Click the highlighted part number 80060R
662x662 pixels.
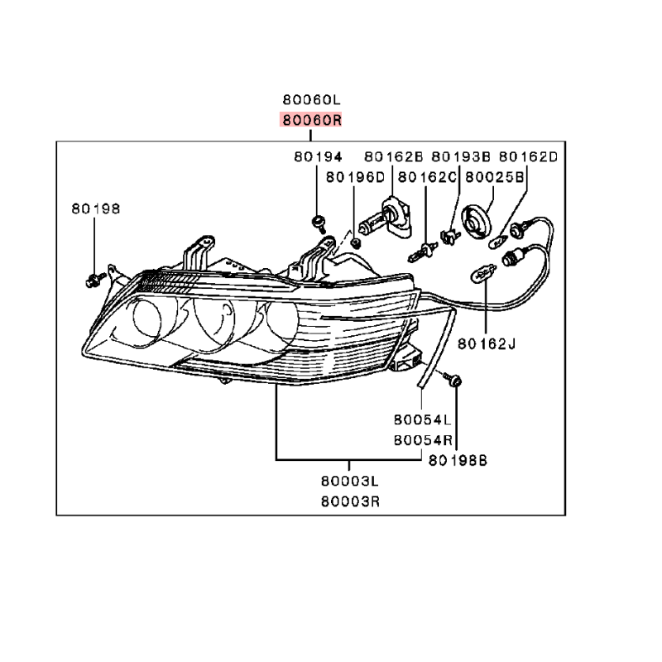(311, 120)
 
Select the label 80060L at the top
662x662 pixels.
(311, 99)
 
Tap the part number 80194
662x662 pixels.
(318, 157)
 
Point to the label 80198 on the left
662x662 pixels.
(95, 209)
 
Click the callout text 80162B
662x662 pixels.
(394, 157)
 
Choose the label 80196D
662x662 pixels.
(355, 177)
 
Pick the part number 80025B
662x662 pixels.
(494, 177)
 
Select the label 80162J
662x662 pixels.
(487, 344)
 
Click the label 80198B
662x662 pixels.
(458, 460)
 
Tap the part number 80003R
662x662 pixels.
(350, 501)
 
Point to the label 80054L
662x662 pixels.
(422, 420)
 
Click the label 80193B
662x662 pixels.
(461, 157)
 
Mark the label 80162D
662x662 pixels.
(528, 157)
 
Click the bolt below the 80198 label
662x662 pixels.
(94, 280)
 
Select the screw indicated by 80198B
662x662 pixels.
(452, 379)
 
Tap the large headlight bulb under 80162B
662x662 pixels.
(386, 218)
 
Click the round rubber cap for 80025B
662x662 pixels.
(477, 220)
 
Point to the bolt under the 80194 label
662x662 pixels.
(319, 223)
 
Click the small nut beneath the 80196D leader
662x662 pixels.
(357, 243)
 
